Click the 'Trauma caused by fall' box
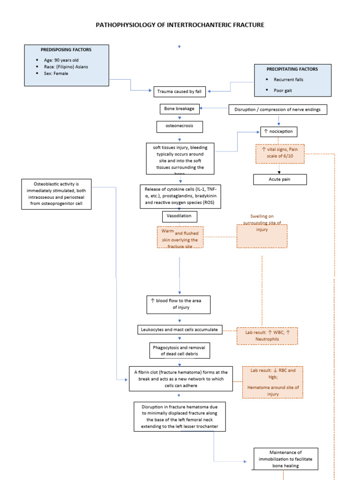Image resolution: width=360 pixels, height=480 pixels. (x=180, y=91)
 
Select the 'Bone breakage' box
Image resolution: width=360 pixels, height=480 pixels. (x=180, y=109)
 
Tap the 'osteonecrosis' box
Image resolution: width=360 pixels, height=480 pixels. (x=180, y=126)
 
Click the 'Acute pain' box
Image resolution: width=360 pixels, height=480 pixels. (x=280, y=180)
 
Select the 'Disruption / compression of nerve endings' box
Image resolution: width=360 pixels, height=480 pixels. (x=277, y=110)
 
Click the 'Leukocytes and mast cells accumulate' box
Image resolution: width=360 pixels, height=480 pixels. (x=180, y=330)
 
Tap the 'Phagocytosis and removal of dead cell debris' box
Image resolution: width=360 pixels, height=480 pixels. (x=180, y=351)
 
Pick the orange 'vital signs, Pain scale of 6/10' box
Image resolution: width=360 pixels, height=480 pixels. (x=280, y=154)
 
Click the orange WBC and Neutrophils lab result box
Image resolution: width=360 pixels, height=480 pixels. (x=267, y=336)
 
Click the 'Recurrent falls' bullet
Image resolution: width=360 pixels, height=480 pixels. (x=288, y=80)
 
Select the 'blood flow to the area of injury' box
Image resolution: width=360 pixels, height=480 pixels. (x=178, y=304)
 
